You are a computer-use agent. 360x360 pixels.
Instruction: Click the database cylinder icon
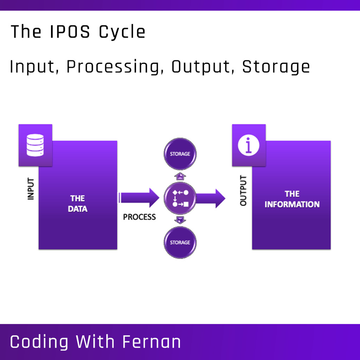pos(35,145)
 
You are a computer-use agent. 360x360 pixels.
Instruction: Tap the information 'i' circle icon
pos(249,145)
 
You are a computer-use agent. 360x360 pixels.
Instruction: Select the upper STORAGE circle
pos(180,154)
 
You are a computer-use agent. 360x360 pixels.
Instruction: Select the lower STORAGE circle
pos(180,243)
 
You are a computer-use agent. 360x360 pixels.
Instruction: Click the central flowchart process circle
pos(180,198)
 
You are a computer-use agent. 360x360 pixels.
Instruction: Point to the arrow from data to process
pos(139,198)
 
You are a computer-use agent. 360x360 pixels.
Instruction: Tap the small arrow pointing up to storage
pos(180,176)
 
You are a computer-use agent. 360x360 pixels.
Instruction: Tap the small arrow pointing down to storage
pos(180,220)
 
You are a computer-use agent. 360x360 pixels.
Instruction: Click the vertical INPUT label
pos(31,189)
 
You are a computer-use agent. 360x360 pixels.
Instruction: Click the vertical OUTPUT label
pos(243,191)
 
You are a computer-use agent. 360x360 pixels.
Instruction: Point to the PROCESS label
pos(139,217)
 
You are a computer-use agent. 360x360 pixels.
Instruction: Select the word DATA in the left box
pos(78,209)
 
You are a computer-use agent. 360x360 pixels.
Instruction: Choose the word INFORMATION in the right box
pos(292,204)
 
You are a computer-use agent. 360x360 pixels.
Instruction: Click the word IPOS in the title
pos(70,32)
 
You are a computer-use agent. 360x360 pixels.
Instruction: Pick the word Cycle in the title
pos(122,32)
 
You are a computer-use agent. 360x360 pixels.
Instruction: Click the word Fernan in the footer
pos(152,342)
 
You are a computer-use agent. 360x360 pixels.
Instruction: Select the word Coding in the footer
pos(39,342)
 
